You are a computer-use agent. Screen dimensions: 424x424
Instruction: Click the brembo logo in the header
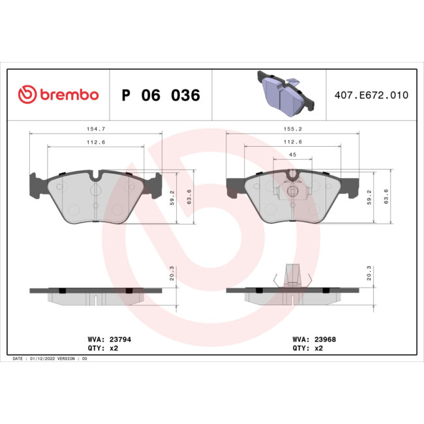pyautogui.click(x=58, y=95)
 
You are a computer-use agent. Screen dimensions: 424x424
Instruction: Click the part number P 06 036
pyautogui.click(x=160, y=95)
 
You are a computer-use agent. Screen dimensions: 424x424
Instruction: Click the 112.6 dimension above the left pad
pyautogui.click(x=96, y=143)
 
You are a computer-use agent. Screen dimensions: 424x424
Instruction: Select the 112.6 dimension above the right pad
pyautogui.click(x=292, y=143)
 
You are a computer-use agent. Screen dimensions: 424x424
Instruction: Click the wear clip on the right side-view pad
pyautogui.click(x=292, y=275)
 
